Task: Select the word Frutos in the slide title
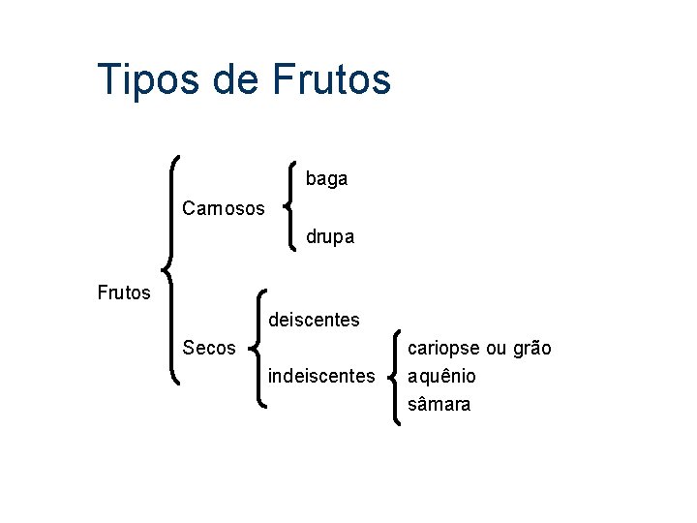(x=332, y=79)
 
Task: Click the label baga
(x=326, y=179)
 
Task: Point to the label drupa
(x=330, y=236)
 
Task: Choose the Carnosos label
(x=223, y=208)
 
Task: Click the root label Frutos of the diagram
(x=124, y=292)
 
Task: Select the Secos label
(x=208, y=348)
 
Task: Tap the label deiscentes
(x=314, y=320)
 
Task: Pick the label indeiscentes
(x=320, y=375)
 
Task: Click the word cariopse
(x=442, y=348)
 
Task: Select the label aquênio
(x=442, y=376)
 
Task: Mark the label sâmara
(x=439, y=404)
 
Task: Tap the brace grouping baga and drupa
(x=289, y=206)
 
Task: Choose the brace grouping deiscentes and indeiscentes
(x=258, y=347)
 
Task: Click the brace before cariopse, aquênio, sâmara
(x=397, y=376)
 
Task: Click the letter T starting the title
(x=108, y=79)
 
